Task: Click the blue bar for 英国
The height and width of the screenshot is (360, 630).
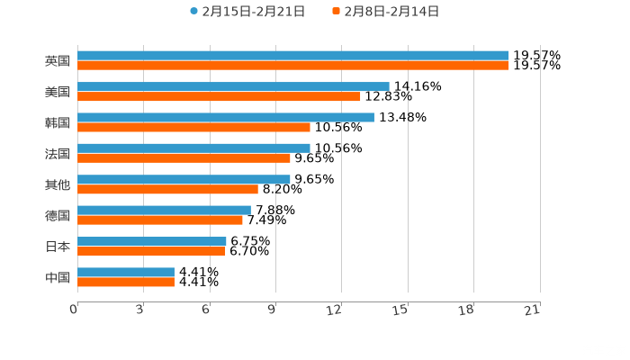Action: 292,56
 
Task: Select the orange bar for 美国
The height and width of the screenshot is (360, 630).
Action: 219,96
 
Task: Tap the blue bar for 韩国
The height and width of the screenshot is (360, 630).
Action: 225,117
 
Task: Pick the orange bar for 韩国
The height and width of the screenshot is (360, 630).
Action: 193,127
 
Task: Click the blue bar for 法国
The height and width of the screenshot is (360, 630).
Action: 193,148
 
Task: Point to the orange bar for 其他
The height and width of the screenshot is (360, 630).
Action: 167,189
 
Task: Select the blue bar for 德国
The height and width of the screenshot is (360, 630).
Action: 164,210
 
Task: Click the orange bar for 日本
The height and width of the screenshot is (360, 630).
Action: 151,251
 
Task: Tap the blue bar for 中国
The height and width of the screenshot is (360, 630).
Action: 126,272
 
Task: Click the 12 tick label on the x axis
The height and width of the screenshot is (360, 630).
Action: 335,310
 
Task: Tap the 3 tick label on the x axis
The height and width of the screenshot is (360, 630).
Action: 140,310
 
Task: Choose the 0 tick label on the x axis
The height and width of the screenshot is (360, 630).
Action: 75,310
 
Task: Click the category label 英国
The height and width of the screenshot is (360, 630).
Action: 58,61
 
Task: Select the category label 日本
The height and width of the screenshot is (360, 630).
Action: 58,247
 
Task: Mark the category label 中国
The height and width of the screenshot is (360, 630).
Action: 58,277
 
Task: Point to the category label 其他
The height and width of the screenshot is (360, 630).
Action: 58,184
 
